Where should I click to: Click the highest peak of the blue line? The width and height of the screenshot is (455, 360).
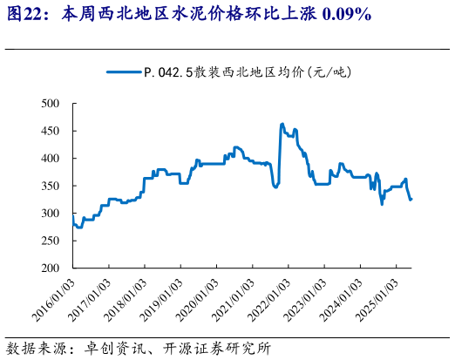(x=282, y=124)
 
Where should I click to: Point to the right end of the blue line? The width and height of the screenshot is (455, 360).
(x=411, y=200)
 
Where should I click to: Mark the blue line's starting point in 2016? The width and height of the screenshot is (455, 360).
(x=73, y=223)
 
